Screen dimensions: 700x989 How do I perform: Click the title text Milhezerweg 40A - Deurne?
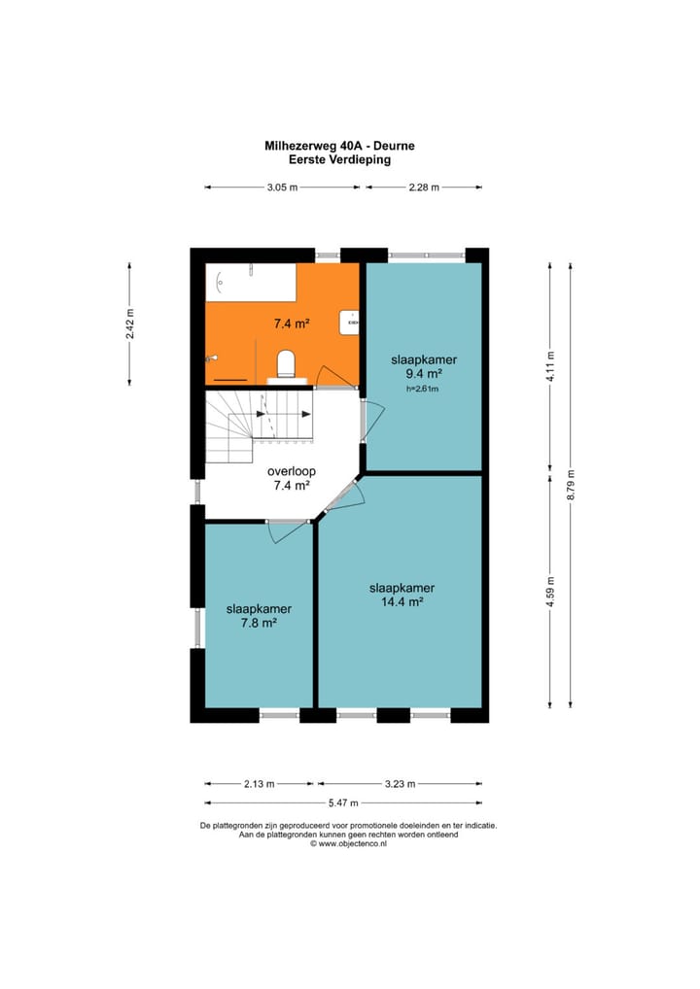pos(339,146)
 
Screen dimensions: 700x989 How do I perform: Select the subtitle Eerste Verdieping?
pos(339,159)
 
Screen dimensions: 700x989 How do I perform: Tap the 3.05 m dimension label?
pos(282,188)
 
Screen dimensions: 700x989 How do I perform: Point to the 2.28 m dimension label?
pos(424,188)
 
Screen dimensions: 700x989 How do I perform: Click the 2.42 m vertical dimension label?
pos(129,324)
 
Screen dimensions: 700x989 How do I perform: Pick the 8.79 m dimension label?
pos(571,485)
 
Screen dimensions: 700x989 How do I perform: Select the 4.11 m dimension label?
pos(550,366)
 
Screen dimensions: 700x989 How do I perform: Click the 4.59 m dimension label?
pos(550,592)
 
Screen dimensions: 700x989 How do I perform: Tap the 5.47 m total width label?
pos(343,802)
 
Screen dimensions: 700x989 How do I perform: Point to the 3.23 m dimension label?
pos(401,784)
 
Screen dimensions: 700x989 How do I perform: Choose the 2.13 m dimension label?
pos(260,784)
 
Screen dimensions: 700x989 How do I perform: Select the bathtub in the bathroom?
pos(251,283)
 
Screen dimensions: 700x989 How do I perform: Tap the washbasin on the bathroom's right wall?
pos(349,323)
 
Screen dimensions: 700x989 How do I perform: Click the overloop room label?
pos(291,471)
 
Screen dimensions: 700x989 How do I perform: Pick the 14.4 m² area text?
pos(402,601)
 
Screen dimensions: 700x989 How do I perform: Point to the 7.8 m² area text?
pos(259,623)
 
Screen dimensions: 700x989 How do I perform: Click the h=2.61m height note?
pos(423,389)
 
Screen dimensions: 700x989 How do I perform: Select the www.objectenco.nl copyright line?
pos(348,844)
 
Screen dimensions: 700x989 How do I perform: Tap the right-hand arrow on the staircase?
pos(306,414)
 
